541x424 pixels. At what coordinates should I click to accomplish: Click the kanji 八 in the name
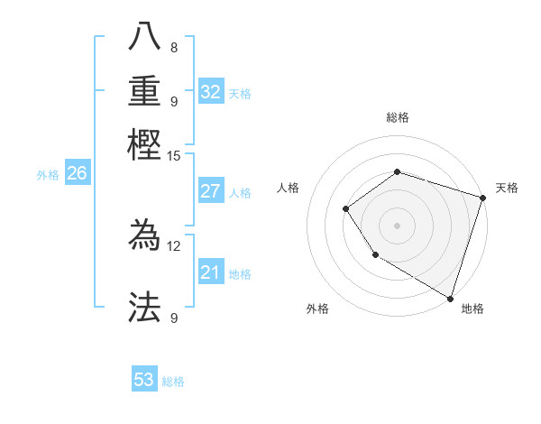144,38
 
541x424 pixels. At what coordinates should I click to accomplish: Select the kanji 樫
144,143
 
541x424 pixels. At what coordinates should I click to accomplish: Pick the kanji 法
144,307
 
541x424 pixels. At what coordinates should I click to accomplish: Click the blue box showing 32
211,91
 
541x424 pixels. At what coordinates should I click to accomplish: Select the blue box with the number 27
211,191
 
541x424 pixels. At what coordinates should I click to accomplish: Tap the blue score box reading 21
211,272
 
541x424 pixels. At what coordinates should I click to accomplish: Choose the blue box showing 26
77,174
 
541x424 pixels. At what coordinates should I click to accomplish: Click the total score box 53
144,380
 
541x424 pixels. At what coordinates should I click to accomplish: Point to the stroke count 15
174,155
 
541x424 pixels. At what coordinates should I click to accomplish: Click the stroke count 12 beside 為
174,245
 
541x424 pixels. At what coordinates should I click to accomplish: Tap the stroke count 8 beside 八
174,47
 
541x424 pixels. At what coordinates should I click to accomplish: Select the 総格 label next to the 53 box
173,382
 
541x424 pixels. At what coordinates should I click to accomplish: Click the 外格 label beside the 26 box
48,175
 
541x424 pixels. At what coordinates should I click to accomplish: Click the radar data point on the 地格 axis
449,297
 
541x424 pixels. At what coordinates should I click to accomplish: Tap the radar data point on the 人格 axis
345,209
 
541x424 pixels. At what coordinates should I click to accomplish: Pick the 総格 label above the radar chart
397,117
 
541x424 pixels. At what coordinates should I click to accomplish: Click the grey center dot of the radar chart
397,226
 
